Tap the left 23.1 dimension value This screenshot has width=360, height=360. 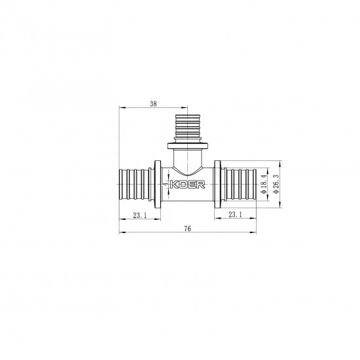coord(139,214)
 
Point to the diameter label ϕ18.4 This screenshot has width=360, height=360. coord(264,185)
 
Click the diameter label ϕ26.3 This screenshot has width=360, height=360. coord(276,185)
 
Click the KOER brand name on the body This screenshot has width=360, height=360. coord(190,186)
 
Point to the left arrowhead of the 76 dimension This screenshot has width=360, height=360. coord(122,232)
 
